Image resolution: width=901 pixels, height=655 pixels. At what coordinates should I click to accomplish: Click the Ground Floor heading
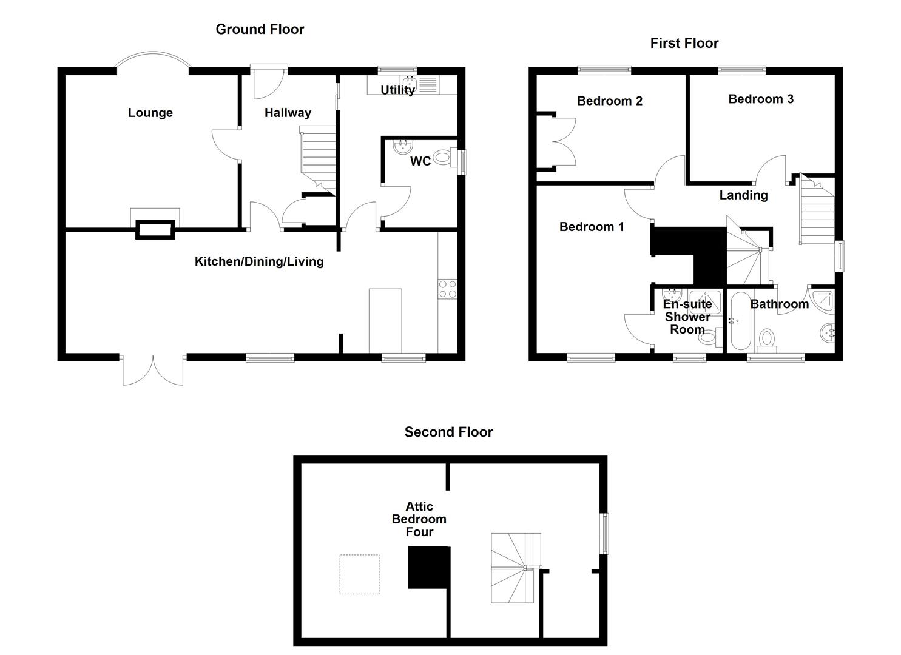pos(260,29)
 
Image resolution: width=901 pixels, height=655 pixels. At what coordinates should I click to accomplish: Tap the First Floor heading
pos(684,43)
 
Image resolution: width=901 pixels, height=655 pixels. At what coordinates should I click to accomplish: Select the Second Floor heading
pos(448,432)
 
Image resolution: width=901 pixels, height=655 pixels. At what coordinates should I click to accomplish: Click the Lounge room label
pos(150,113)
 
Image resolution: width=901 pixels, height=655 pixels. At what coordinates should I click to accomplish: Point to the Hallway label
pos(288,113)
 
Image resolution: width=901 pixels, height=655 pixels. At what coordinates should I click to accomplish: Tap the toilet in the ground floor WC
pos(444,159)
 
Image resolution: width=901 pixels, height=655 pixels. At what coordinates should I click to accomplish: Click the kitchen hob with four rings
pos(448,289)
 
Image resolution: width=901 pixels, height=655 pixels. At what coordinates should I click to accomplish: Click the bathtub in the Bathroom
pos(740,321)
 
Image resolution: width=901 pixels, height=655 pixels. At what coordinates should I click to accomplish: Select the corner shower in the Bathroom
pos(823,300)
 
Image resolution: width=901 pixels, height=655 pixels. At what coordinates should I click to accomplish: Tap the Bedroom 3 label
pos(761,99)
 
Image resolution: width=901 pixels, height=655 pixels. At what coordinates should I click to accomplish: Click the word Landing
pos(743,195)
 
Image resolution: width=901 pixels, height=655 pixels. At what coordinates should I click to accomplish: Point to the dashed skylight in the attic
pos(359,574)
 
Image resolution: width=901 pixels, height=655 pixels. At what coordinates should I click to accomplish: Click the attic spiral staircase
pos(515,568)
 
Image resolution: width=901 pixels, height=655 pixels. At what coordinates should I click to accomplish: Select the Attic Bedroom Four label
pos(419,519)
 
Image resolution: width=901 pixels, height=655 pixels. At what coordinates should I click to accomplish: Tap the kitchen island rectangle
pos(385,320)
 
